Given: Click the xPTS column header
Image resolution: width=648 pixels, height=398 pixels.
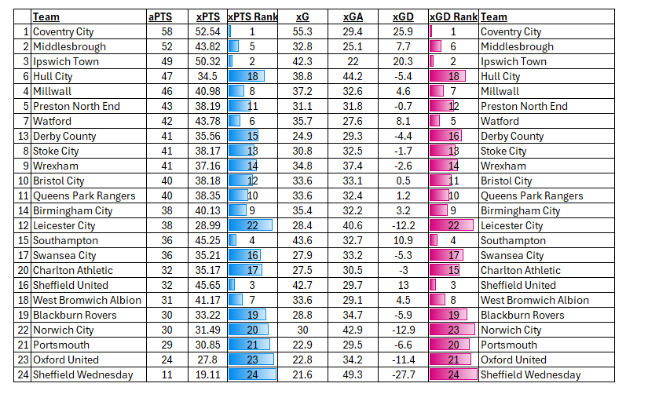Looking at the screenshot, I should click(208, 16).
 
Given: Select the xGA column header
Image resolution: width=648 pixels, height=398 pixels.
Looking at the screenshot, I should click(353, 16).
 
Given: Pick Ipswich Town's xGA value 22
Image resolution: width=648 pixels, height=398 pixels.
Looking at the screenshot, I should click(353, 61).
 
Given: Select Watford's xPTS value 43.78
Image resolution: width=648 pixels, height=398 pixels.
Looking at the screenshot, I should click(208, 121).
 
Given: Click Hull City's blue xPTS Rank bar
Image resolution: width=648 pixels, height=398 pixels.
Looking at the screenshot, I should click(246, 76).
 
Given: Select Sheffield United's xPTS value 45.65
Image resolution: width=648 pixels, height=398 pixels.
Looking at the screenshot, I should click(208, 285).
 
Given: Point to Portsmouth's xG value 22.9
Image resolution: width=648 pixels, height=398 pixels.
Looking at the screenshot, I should click(302, 345).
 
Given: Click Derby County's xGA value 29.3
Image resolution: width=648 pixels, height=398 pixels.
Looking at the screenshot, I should click(353, 136).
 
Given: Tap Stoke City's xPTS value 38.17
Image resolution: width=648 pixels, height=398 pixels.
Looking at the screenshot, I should click(208, 151).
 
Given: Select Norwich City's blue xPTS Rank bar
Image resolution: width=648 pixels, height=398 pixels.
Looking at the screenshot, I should click(248, 330).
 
